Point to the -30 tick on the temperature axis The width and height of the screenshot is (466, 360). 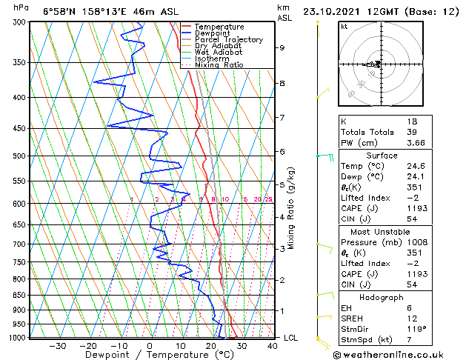tap(57, 345)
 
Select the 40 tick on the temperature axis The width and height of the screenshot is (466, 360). tap(272, 345)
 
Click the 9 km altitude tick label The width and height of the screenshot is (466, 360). tap(282, 47)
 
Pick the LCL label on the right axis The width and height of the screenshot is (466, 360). tap(292, 338)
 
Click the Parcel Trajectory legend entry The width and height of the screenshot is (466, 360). tap(228, 40)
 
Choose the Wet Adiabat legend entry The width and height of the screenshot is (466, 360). tap(218, 53)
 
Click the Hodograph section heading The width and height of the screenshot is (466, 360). tap(382, 297)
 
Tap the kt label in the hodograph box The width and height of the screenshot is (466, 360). tap(344, 26)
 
